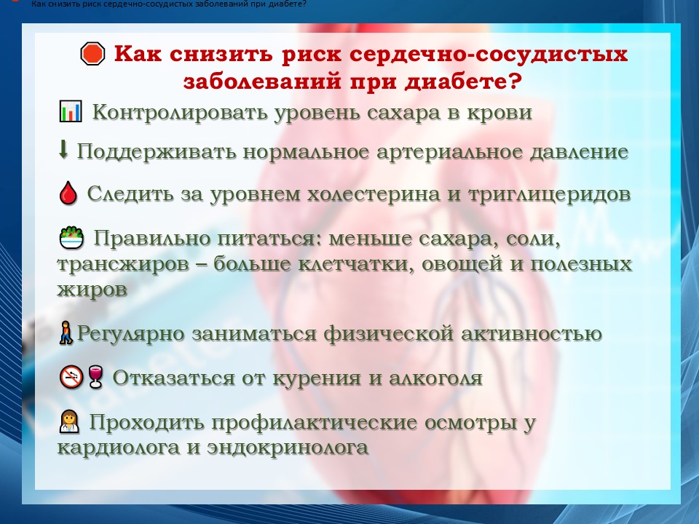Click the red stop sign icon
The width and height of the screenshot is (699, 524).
pos(92,54)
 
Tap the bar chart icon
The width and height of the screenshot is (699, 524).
pos(71,111)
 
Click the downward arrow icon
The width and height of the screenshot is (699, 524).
pos(63,150)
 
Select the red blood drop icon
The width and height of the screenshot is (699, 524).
pos(68,193)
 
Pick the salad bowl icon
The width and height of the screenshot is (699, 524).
pos(71,237)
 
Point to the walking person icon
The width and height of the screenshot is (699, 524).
pos(66,333)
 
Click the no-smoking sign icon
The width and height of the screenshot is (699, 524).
pos(71,377)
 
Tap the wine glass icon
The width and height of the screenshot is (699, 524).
pos(95,377)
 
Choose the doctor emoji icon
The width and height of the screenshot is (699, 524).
pos(70,421)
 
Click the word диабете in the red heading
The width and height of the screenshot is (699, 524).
pos(463,81)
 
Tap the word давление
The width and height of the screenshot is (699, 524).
pos(579,152)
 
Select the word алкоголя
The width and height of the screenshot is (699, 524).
pos(436,378)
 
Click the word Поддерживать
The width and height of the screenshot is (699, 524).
pos(157,152)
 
